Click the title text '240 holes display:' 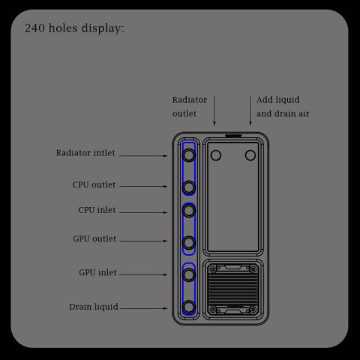pyautogui.click(x=74, y=28)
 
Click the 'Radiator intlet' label pyautogui.click(x=85, y=153)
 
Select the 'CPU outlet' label pyautogui.click(x=94, y=184)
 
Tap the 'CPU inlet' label pyautogui.click(x=97, y=210)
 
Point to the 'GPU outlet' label pyautogui.click(x=94, y=239)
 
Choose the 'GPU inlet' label pyautogui.click(x=97, y=272)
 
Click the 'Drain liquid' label pyautogui.click(x=93, y=307)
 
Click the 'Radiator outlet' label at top pyautogui.click(x=189, y=106)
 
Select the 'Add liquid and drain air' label pyautogui.click(x=282, y=106)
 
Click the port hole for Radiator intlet pyautogui.click(x=189, y=155)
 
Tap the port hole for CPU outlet pyautogui.click(x=189, y=186)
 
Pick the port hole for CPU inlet pyautogui.click(x=189, y=211)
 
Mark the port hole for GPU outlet pyautogui.click(x=189, y=242)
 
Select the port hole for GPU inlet pyautogui.click(x=189, y=274)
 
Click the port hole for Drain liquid pyautogui.click(x=189, y=307)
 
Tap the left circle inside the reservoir pyautogui.click(x=216, y=155)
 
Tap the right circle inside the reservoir pyautogui.click(x=250, y=155)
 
